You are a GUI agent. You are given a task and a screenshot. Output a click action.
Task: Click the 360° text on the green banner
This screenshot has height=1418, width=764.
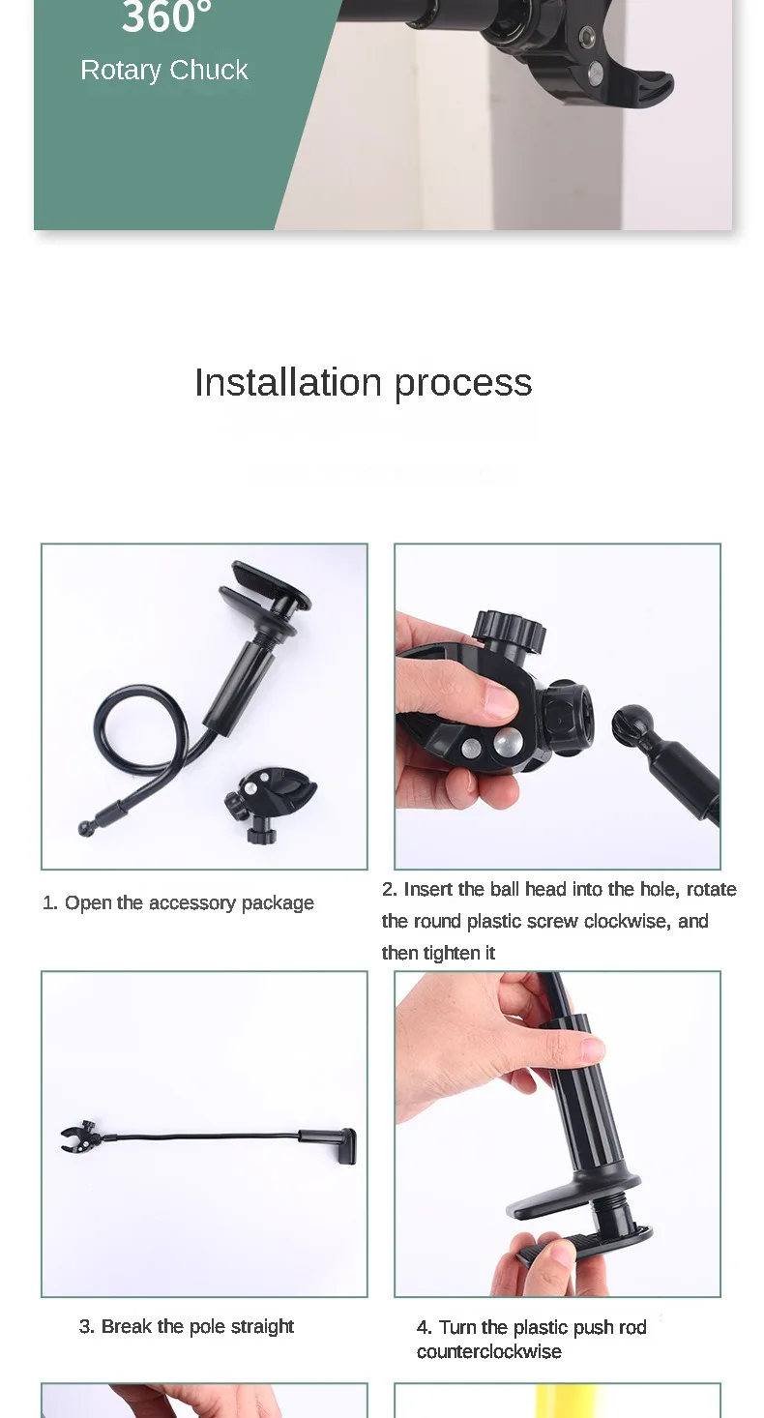coord(166,15)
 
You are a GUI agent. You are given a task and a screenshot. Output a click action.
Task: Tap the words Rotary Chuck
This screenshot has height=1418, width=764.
coord(164,71)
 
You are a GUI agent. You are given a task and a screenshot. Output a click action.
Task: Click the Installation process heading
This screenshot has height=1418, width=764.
coord(363,383)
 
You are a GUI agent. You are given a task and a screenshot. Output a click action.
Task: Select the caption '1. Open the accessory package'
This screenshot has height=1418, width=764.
coord(178,902)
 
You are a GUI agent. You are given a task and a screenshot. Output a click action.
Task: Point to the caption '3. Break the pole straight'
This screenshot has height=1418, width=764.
coord(186,1326)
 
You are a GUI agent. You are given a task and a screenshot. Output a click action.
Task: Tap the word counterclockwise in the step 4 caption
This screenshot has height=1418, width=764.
coord(488,1351)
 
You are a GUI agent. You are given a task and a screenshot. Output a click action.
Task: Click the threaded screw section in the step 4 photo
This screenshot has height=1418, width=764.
coord(612,1208)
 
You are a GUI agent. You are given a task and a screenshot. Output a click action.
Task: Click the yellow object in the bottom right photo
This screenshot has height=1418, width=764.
coord(567,1402)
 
